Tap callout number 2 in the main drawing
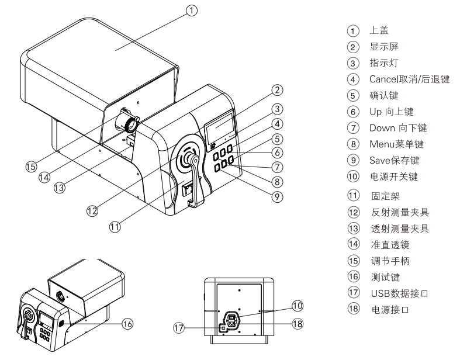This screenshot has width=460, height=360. click(278, 90)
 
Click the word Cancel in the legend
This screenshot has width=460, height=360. click(384, 79)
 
